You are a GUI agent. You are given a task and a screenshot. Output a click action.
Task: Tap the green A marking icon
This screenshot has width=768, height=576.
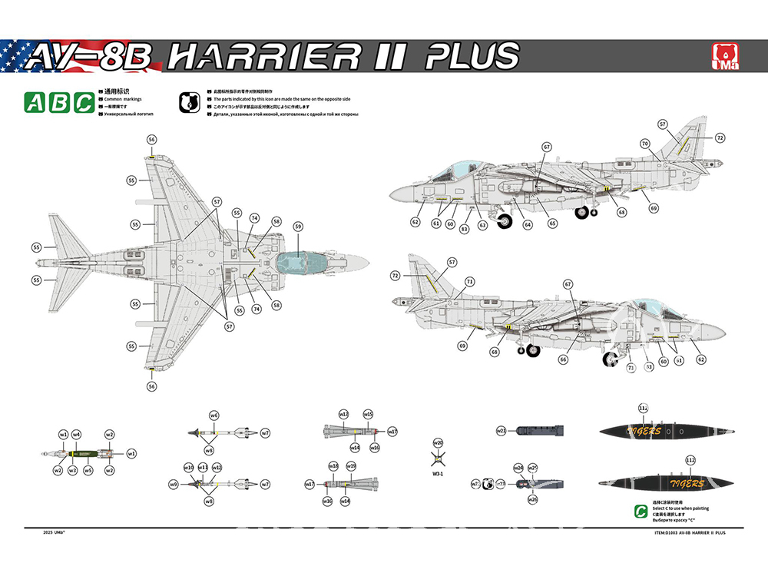[x=34, y=102]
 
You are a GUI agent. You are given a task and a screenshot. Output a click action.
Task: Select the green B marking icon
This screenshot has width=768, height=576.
[x=59, y=102]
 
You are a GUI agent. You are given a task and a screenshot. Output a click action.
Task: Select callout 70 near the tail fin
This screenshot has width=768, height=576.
[x=645, y=144]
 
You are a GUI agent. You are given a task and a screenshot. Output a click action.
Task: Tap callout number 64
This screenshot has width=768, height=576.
[x=528, y=225]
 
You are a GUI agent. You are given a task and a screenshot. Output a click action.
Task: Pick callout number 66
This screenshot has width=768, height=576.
[x=564, y=359]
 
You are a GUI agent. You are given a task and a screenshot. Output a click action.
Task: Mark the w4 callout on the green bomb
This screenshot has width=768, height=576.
[x=77, y=435]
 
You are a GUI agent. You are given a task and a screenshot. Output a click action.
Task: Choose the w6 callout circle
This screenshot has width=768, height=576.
[x=214, y=415]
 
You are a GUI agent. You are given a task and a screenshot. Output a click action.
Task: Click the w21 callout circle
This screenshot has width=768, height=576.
[x=501, y=430]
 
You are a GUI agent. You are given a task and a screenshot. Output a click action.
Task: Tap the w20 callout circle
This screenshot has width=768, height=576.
[x=438, y=443]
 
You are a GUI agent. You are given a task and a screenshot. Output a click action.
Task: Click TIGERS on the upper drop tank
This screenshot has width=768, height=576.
[x=644, y=432]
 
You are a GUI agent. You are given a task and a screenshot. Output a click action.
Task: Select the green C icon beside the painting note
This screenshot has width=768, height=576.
[x=639, y=511]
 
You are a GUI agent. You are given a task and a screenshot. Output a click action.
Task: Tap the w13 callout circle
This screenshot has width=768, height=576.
[x=343, y=414]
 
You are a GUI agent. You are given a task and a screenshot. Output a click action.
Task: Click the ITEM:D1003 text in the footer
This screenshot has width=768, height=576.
[x=664, y=531]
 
